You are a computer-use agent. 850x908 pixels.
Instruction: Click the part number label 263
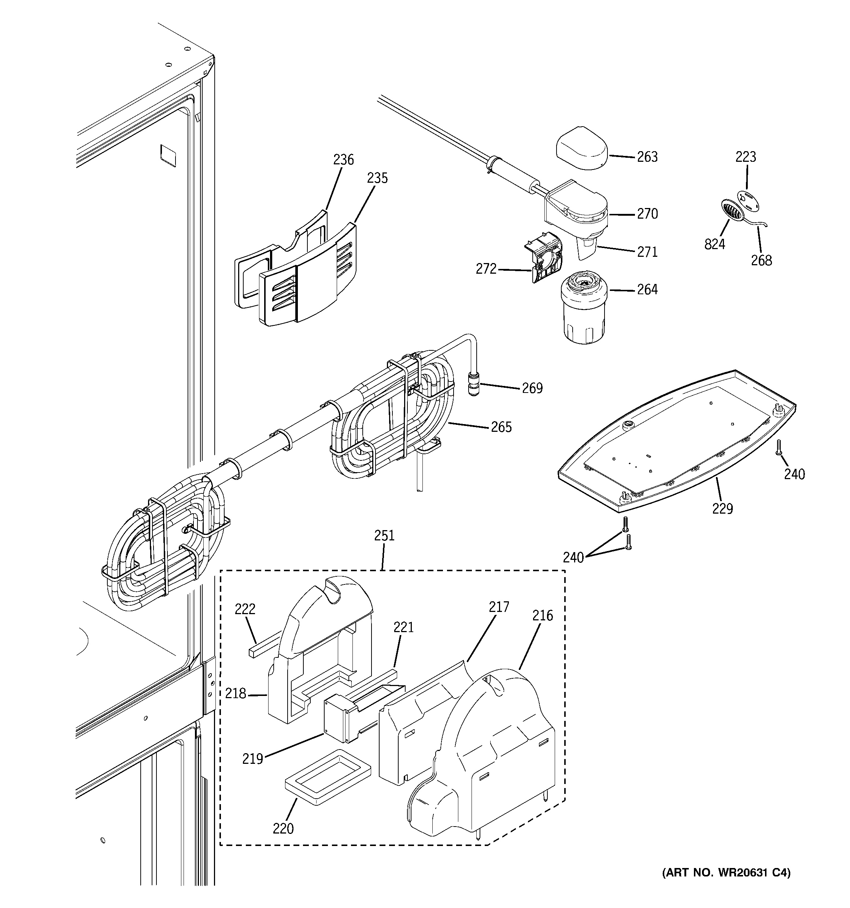[x=647, y=157]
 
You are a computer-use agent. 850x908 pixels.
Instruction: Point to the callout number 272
[x=486, y=269]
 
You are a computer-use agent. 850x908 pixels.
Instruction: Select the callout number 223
[x=746, y=157]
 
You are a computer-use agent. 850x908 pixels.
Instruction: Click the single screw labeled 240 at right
[x=779, y=447]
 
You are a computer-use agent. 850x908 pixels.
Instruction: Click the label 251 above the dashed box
[x=384, y=536]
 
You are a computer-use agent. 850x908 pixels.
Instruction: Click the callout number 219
[x=253, y=759]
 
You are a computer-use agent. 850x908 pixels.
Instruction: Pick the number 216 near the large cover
[x=543, y=616]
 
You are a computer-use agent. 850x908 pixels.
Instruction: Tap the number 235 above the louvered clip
[x=377, y=178]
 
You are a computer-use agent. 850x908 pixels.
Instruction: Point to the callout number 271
[x=647, y=252]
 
